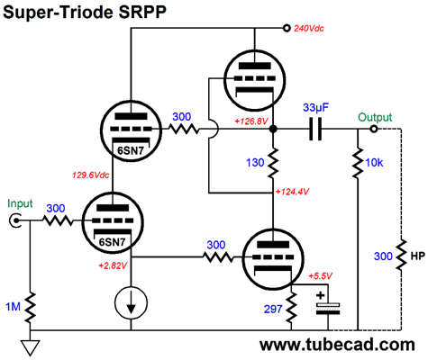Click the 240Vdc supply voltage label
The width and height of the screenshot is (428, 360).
click(309, 29)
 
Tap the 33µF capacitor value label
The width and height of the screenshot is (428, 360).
click(315, 107)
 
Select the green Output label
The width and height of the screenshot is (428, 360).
click(375, 117)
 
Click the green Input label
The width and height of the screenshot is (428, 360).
click(20, 203)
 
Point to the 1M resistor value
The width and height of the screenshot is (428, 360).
click(14, 307)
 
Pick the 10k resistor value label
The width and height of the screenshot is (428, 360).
click(374, 163)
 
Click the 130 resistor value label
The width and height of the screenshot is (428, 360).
click(255, 163)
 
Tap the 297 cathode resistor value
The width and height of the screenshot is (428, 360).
click(273, 309)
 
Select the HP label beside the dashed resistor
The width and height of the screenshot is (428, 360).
click(417, 256)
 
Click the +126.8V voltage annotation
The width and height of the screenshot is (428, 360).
click(251, 121)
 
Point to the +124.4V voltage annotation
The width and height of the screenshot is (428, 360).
click(292, 192)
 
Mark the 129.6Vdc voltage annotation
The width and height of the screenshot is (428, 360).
click(90, 175)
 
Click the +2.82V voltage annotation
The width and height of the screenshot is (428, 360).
click(113, 265)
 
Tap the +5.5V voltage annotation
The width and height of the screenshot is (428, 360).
click(321, 276)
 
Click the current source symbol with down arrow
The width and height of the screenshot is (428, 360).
click(131, 302)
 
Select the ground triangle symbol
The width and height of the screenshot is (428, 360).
click(30, 347)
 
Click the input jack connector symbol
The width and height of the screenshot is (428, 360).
click(14, 221)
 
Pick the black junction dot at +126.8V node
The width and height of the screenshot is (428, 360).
click(273, 130)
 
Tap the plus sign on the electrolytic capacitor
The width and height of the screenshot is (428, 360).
click(321, 295)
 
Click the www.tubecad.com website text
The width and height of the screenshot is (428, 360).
click(337, 345)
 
